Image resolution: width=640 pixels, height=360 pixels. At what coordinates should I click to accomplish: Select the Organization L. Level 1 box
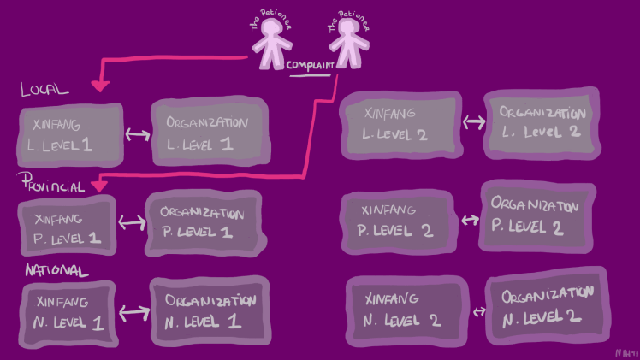[209, 132]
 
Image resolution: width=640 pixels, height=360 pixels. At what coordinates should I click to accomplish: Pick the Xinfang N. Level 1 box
[67, 312]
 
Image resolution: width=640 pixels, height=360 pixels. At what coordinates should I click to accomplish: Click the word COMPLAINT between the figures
[309, 65]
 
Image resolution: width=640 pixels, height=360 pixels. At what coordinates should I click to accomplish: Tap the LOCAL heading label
[44, 89]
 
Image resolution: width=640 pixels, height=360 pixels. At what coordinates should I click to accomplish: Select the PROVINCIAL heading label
[52, 186]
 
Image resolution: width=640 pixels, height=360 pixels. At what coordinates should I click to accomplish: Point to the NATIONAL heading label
[56, 270]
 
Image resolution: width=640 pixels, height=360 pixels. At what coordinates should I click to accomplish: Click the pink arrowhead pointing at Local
[100, 85]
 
